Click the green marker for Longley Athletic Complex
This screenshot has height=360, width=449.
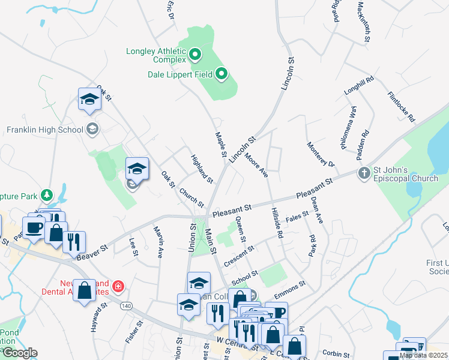coord(194,55)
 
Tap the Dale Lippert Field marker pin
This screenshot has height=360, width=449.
coord(221,74)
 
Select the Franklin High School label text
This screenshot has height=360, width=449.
coord(44,130)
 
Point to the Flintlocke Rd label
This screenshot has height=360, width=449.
coord(401,107)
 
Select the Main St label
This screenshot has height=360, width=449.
coord(211,241)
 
